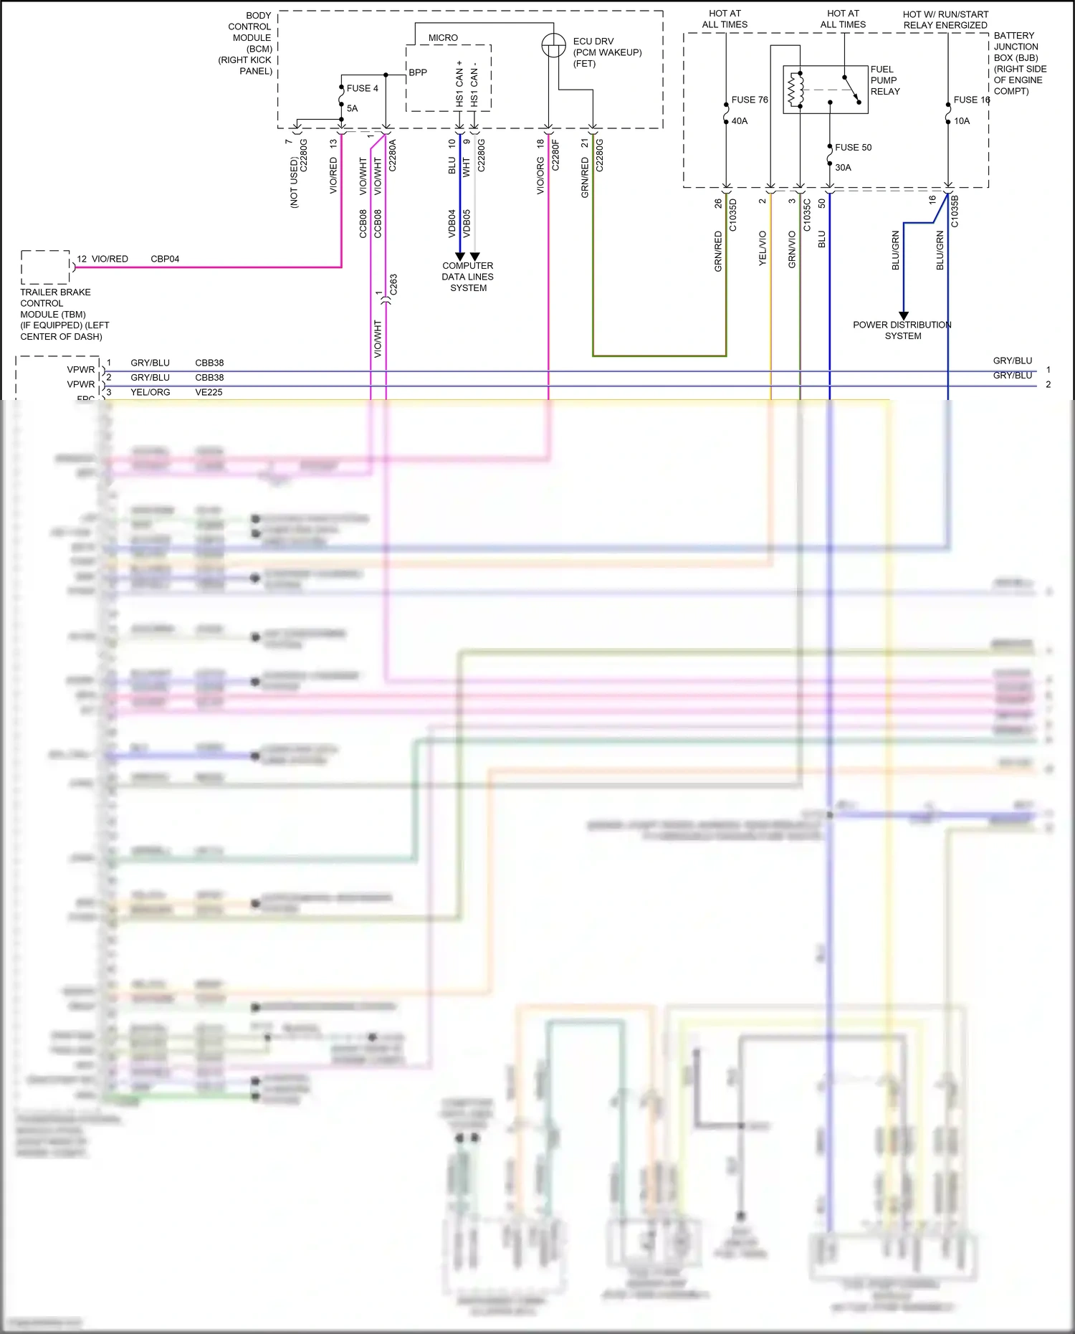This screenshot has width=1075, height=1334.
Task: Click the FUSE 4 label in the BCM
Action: (x=362, y=88)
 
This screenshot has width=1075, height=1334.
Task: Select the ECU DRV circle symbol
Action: (x=553, y=46)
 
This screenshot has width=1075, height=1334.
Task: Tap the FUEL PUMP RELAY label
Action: (x=884, y=80)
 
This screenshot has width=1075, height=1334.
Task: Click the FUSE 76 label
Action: (x=749, y=100)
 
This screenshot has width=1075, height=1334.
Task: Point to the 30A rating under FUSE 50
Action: (x=843, y=167)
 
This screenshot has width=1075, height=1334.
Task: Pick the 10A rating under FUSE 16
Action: (x=962, y=121)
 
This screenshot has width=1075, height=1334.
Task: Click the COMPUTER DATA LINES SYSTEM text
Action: (x=468, y=277)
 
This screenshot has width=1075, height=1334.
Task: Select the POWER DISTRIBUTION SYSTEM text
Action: (x=902, y=330)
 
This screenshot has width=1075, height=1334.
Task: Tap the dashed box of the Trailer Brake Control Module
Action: (x=45, y=267)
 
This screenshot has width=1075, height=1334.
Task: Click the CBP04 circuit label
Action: (x=165, y=259)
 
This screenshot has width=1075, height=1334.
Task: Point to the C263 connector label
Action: (x=393, y=284)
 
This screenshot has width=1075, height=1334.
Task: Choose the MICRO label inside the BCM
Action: (x=443, y=37)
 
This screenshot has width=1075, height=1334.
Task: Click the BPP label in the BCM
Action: (x=418, y=72)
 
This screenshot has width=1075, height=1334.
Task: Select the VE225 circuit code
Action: (x=209, y=392)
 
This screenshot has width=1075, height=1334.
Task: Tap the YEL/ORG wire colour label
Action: (x=150, y=392)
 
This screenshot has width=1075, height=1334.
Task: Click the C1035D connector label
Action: (x=733, y=215)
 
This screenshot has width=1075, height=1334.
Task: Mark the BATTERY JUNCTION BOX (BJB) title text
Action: (x=1019, y=63)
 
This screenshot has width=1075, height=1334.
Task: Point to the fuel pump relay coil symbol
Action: (x=793, y=90)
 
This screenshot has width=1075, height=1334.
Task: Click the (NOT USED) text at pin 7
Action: (x=294, y=183)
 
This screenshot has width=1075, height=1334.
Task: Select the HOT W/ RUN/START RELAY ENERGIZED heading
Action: (x=945, y=19)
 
